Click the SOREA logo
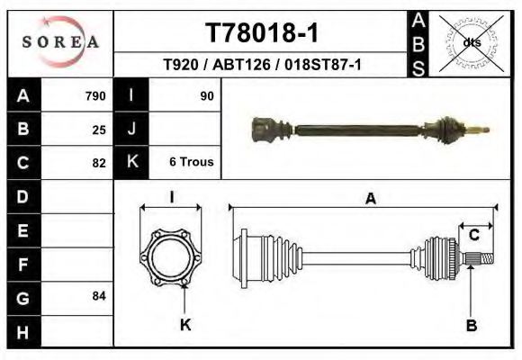click(60, 41)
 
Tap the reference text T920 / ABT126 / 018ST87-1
click(261, 66)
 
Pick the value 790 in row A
click(95, 95)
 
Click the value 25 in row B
click(99, 129)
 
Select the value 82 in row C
click(99, 163)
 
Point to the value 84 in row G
click(99, 296)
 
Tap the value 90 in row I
click(206, 95)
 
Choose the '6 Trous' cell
click(191, 162)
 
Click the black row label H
click(22, 331)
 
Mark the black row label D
click(22, 196)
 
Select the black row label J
click(131, 129)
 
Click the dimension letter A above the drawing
click(370, 200)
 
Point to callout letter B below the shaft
click(471, 324)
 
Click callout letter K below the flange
click(184, 324)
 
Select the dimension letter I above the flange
click(171, 198)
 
